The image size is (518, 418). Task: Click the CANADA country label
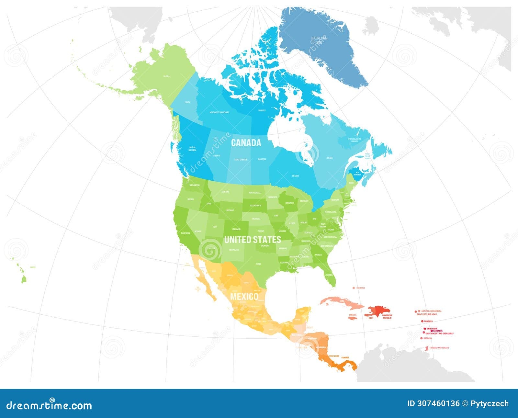click(x=246, y=143)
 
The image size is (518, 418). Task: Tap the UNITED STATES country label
click(x=253, y=240)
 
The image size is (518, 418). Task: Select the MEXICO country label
click(x=244, y=297)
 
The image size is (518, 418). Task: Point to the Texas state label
click(x=258, y=264)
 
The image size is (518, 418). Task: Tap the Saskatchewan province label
click(x=240, y=160)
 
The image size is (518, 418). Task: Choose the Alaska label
click(x=166, y=76)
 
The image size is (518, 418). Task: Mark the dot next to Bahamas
click(x=353, y=288)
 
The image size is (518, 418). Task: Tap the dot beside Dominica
click(x=422, y=321)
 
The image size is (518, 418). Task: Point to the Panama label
click(x=345, y=357)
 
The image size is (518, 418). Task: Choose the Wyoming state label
click(x=230, y=210)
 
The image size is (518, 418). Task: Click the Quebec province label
click(x=330, y=158)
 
